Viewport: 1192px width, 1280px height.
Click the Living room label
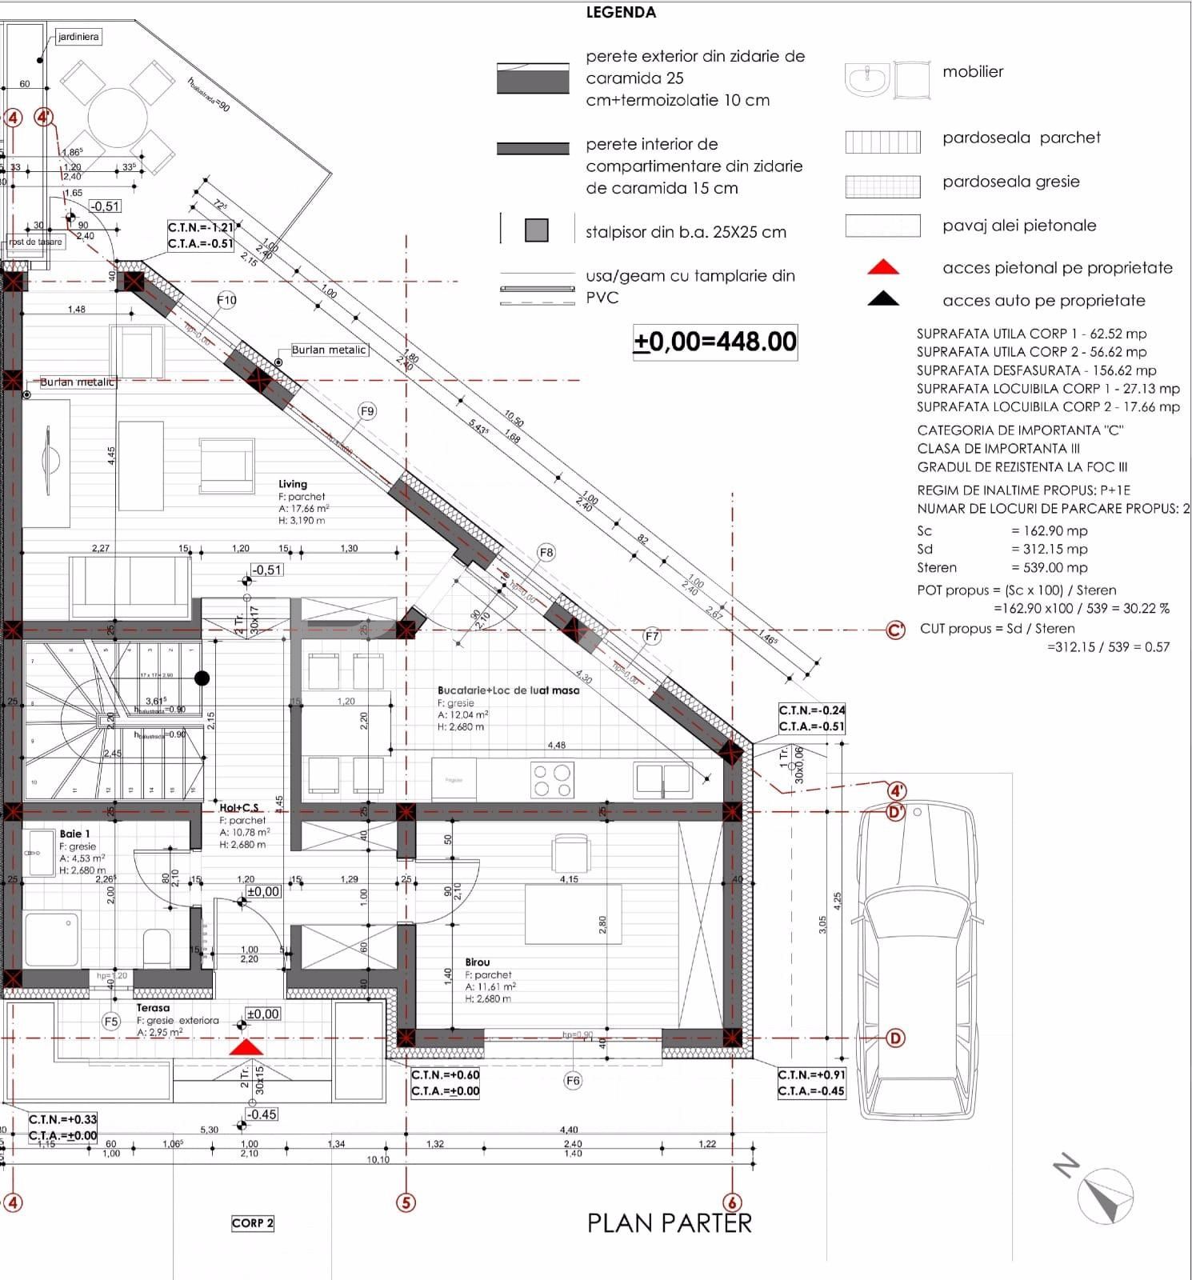pyautogui.click(x=293, y=484)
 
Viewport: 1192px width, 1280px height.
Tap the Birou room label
pyautogui.click(x=478, y=962)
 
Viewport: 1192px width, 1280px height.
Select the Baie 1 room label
pyautogui.click(x=74, y=834)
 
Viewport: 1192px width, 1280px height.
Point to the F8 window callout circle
pyautogui.click(x=546, y=553)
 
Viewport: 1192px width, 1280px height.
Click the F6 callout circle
pyautogui.click(x=573, y=1081)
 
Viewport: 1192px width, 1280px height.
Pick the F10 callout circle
pyautogui.click(x=227, y=301)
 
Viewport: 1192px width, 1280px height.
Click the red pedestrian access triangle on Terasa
pyautogui.click(x=246, y=1047)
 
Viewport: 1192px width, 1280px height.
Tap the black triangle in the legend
pyautogui.click(x=883, y=299)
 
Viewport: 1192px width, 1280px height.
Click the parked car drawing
pyautogui.click(x=918, y=960)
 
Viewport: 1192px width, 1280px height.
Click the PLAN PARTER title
pyautogui.click(x=670, y=1223)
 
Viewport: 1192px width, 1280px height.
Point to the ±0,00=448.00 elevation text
pyautogui.click(x=715, y=342)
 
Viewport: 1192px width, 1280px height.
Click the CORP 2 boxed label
pyautogui.click(x=253, y=1223)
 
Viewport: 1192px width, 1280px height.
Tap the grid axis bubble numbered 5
pyautogui.click(x=406, y=1202)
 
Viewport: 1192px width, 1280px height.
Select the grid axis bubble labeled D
pyautogui.click(x=895, y=1038)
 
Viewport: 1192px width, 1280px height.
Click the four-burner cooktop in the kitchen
pyautogui.click(x=553, y=781)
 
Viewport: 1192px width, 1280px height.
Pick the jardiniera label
pyautogui.click(x=78, y=37)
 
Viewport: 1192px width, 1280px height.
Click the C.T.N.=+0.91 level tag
pyautogui.click(x=811, y=1074)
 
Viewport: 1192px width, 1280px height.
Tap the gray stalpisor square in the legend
pyautogui.click(x=537, y=230)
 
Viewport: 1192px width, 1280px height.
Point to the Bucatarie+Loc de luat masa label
pyautogui.click(x=508, y=690)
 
